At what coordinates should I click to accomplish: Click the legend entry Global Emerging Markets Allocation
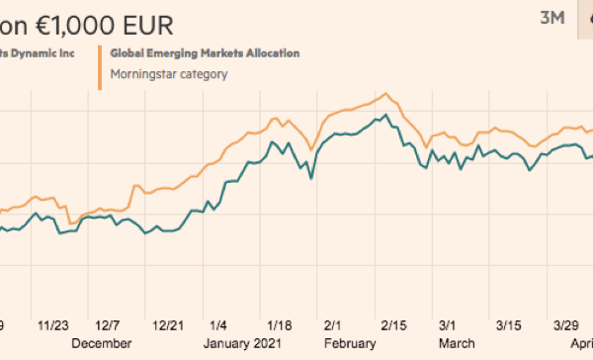[206, 52]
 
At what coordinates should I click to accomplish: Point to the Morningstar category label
[169, 72]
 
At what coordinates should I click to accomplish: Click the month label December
[101, 343]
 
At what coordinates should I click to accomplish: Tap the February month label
[348, 343]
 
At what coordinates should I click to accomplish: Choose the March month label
[456, 343]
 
